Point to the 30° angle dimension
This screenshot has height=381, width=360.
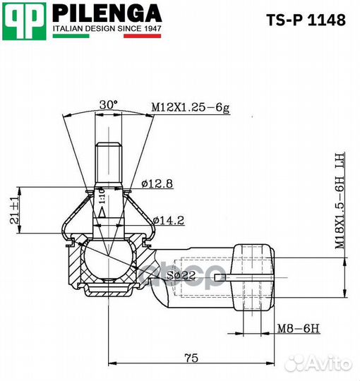108,104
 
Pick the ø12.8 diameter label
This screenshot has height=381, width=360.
157,183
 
